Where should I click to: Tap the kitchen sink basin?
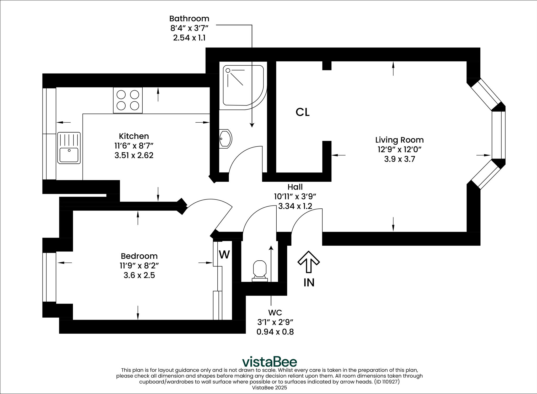(69, 155)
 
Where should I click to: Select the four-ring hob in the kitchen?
(128, 100)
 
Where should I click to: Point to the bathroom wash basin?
(225, 139)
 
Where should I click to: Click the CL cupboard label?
(302, 112)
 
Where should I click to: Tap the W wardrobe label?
(224, 255)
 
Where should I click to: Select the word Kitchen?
(134, 136)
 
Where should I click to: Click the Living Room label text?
(399, 140)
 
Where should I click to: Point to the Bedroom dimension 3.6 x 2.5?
(139, 275)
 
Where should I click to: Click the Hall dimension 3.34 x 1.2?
(295, 206)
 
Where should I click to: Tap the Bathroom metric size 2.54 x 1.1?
(189, 38)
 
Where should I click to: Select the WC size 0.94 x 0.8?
(275, 332)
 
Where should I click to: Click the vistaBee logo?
(269, 362)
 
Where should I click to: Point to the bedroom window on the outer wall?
(49, 277)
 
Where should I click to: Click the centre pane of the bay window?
(498, 135)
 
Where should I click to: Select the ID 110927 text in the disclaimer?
(387, 382)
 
